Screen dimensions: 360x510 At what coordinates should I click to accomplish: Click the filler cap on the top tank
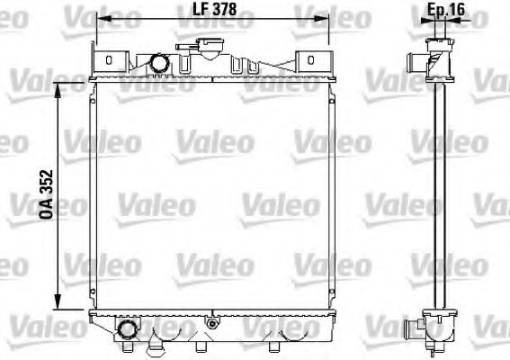[213, 45]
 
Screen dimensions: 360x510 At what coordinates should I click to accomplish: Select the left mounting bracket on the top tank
[109, 60]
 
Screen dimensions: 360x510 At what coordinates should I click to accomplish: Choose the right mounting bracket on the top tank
[310, 60]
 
